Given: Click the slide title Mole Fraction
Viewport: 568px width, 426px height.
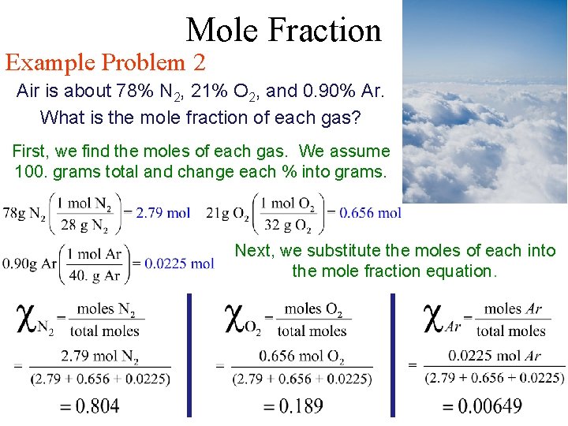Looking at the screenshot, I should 283,30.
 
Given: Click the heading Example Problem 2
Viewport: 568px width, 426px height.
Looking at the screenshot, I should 106,62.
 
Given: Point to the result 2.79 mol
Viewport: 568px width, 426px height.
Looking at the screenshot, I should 163,212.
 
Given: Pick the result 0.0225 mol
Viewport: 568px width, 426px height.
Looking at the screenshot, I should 182,263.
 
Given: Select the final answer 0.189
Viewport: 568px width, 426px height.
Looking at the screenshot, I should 293,406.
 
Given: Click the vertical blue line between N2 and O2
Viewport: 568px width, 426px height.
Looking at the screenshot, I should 189,355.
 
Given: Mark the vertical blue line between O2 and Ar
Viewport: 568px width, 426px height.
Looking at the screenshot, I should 392,355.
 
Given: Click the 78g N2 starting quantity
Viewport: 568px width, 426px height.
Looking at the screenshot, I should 23,212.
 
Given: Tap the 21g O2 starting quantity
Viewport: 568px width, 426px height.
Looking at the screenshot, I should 226,212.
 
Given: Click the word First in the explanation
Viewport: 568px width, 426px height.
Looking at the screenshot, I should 31,151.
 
